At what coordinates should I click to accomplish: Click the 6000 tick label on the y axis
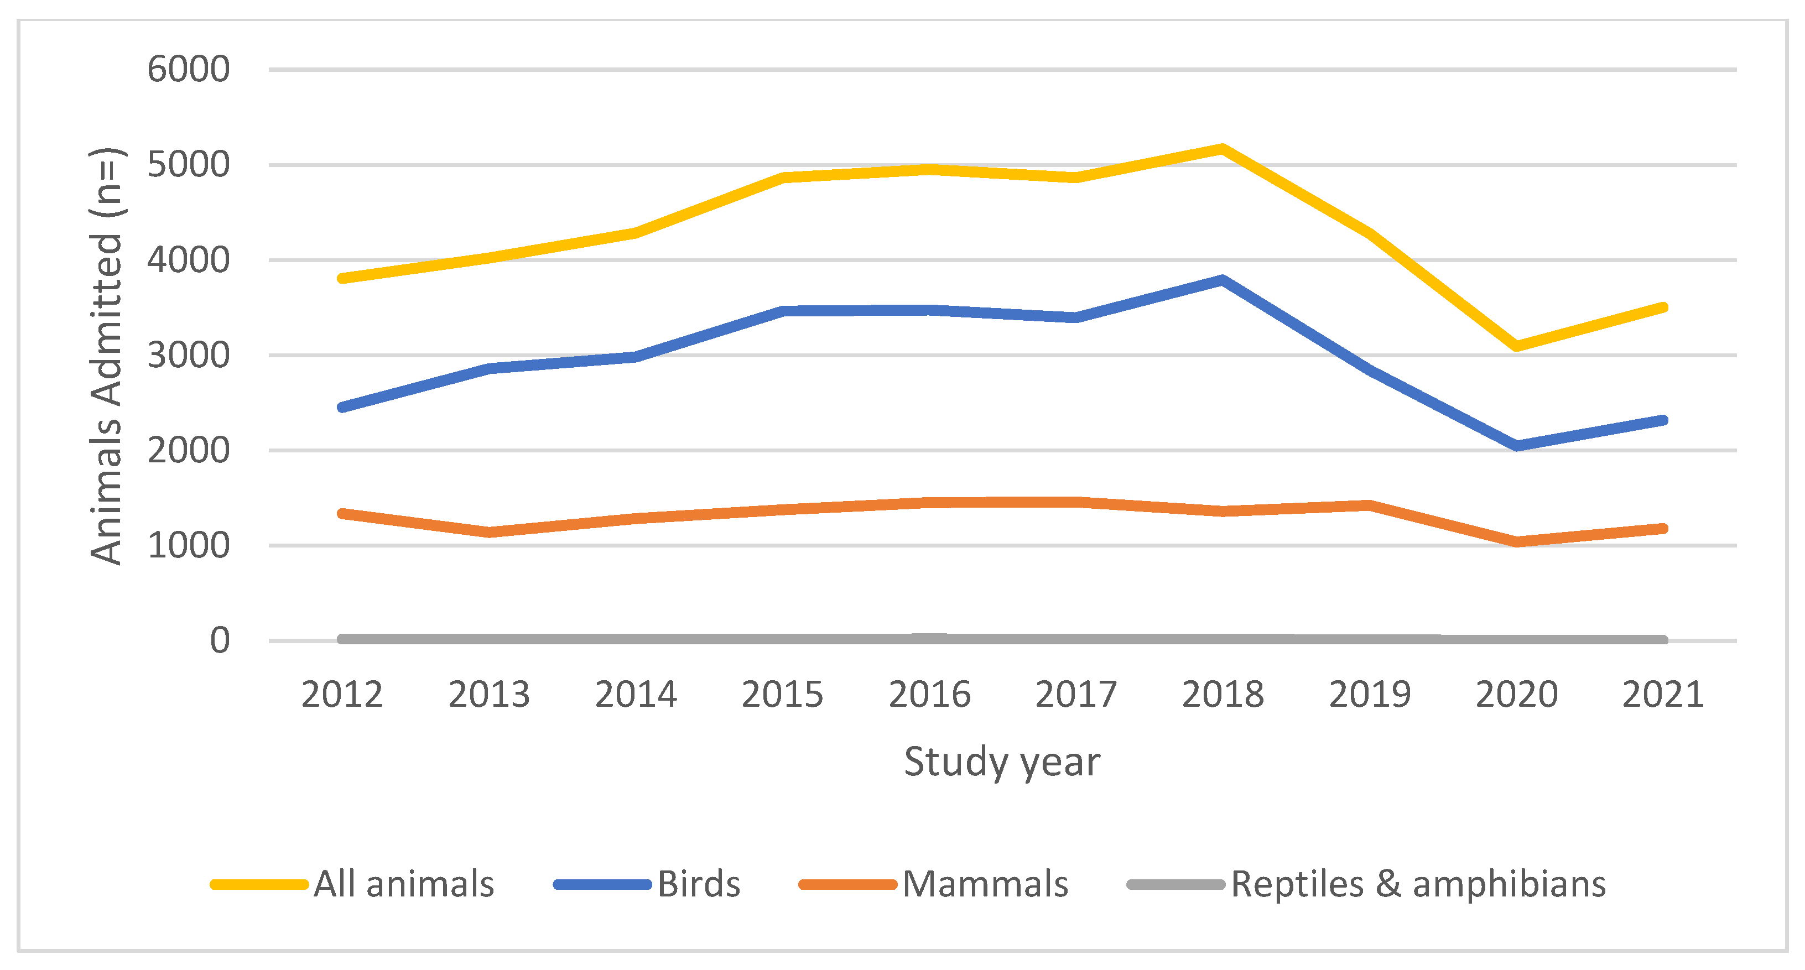click(x=188, y=69)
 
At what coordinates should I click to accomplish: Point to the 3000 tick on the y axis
click(x=188, y=355)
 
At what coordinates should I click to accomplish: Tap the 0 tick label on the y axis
click(x=219, y=640)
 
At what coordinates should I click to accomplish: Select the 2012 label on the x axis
click(x=342, y=695)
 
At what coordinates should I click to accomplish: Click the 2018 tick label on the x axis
click(x=1223, y=695)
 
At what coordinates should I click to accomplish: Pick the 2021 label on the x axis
click(x=1663, y=695)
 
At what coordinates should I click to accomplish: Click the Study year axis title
click(x=1001, y=762)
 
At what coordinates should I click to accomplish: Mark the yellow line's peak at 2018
click(x=1222, y=148)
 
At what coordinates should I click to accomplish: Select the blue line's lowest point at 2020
click(x=1516, y=445)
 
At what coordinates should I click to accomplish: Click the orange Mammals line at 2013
click(x=489, y=532)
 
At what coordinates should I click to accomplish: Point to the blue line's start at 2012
click(x=342, y=407)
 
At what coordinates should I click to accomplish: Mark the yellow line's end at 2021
click(x=1663, y=307)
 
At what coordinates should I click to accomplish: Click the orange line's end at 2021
click(x=1663, y=529)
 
